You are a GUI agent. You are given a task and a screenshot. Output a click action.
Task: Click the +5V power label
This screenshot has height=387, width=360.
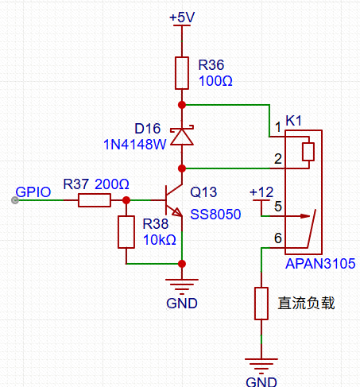182,17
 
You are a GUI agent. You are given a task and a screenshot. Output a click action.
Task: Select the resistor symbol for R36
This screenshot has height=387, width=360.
182,72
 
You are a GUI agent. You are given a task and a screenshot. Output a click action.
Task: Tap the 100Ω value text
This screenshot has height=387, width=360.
215,80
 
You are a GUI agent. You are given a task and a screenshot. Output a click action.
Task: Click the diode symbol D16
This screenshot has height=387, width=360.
182,136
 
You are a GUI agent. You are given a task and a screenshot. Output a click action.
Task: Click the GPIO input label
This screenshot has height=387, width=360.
33,191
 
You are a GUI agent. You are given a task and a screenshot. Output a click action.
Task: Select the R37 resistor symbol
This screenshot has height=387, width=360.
94,200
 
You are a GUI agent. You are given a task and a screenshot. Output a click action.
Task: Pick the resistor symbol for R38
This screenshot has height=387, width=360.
126,231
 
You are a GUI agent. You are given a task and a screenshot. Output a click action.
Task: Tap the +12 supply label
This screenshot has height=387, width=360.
261,192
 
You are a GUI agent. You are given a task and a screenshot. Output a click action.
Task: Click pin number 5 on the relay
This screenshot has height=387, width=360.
277,207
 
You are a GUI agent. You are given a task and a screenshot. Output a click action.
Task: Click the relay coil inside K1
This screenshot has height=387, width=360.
308,152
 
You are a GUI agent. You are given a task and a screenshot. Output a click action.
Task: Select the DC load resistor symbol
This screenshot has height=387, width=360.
261,304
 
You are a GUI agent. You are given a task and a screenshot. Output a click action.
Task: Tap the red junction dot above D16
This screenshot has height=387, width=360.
182,104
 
